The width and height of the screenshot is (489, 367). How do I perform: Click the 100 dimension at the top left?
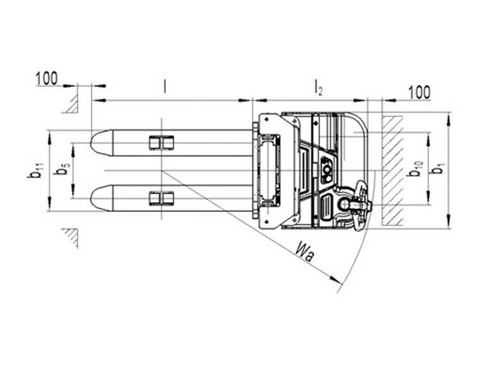[x=47, y=79]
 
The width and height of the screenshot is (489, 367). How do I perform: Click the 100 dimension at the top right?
[x=419, y=93]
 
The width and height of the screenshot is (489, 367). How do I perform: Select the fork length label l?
[x=165, y=86]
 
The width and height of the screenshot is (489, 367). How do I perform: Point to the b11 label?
[x=35, y=170]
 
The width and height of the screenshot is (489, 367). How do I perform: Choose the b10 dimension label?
[x=415, y=169]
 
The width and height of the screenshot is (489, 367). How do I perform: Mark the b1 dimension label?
[x=438, y=169]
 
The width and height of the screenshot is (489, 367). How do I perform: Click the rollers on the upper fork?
[x=161, y=143]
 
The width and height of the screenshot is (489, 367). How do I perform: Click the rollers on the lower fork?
[x=161, y=199]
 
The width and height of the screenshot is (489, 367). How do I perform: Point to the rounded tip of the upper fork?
[x=96, y=142]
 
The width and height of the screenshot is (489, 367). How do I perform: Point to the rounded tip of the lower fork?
[x=96, y=198]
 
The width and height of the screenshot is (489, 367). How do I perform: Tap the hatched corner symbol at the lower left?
[x=71, y=237]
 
